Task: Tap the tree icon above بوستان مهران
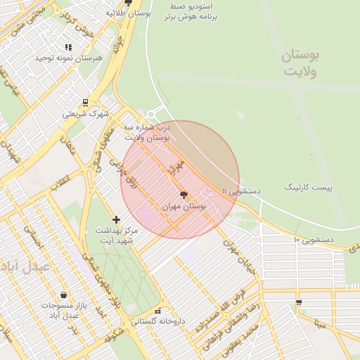tap(184, 195)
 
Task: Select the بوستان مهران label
tap(184, 207)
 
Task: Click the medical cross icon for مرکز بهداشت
tap(117, 220)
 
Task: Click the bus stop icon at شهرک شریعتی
tap(85, 102)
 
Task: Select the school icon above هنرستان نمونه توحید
tap(68, 46)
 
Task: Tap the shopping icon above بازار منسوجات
tap(64, 295)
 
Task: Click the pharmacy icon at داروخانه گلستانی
tap(158, 310)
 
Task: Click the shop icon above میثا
tap(299, 302)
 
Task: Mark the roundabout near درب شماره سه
tap(150, 115)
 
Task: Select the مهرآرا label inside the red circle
tap(176, 167)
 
